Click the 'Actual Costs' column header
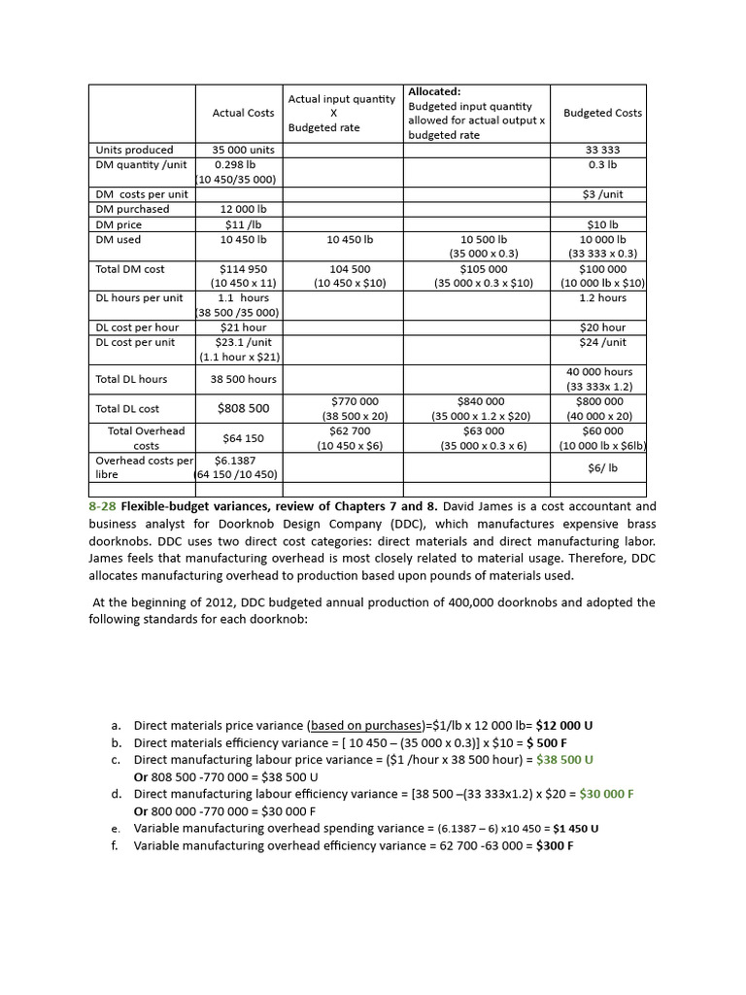click(x=243, y=113)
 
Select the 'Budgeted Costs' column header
click(x=602, y=113)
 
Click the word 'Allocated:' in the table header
click(x=434, y=91)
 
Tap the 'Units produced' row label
click(x=135, y=150)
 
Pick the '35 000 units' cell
click(x=243, y=150)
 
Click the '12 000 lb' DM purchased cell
click(x=243, y=209)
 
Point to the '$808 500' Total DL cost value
click(x=243, y=409)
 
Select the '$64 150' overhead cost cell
click(x=243, y=438)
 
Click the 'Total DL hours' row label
click(x=131, y=379)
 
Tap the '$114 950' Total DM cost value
click(x=243, y=269)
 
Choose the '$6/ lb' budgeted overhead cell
click(x=602, y=467)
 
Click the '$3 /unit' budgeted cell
click(x=602, y=194)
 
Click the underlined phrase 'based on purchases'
click(x=362, y=725)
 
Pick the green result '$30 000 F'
click(x=606, y=794)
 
